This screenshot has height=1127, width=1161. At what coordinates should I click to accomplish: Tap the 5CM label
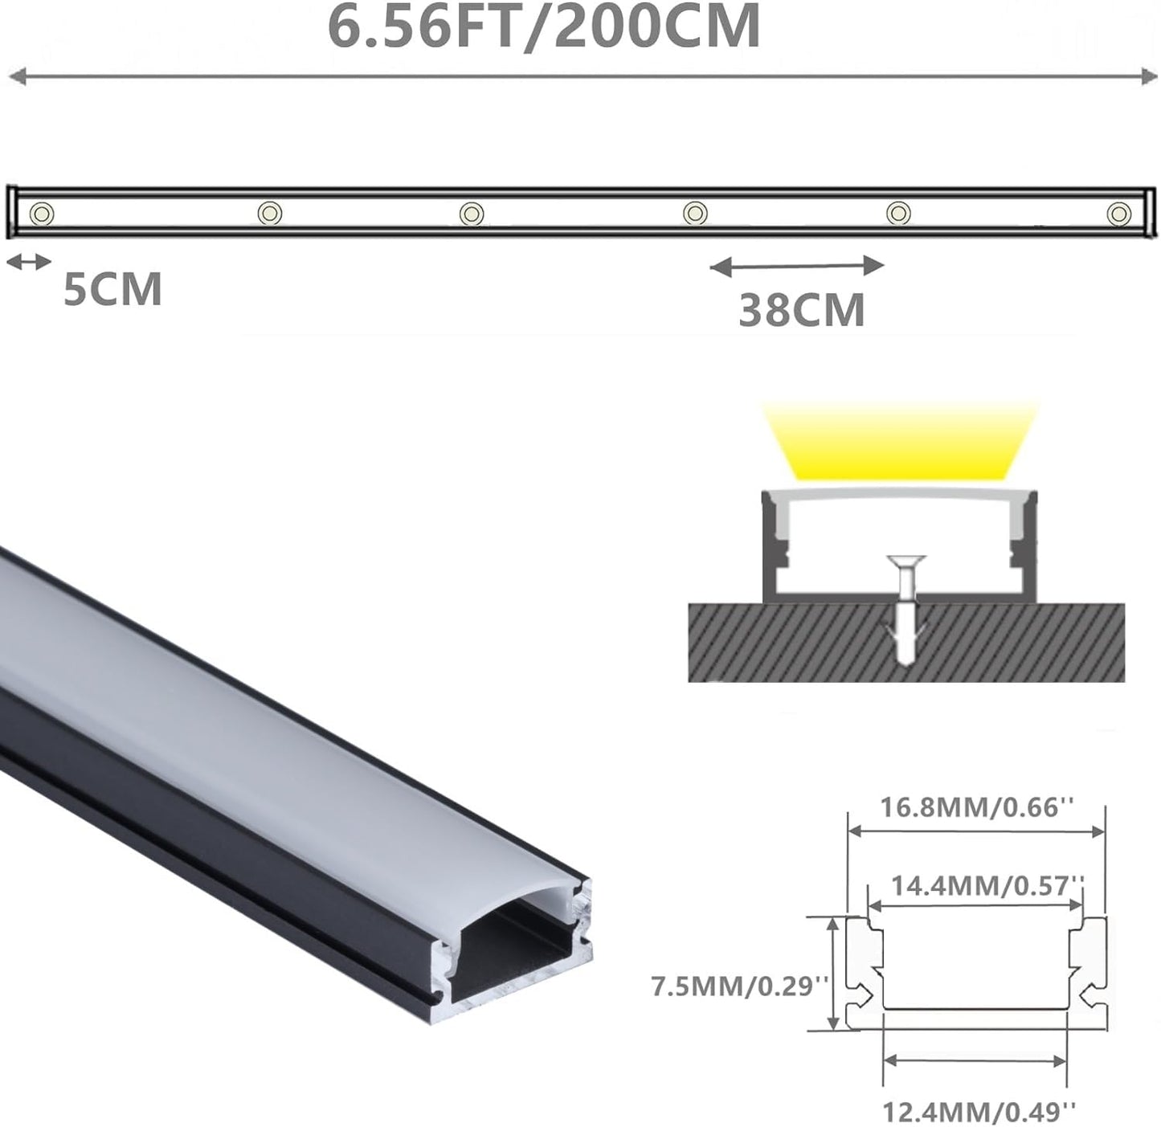pyautogui.click(x=112, y=289)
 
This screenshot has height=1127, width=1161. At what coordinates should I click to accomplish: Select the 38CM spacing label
pyautogui.click(x=801, y=311)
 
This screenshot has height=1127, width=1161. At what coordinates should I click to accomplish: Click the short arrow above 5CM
pyautogui.click(x=29, y=261)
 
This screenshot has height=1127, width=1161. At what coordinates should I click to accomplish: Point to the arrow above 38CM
pyautogui.click(x=797, y=265)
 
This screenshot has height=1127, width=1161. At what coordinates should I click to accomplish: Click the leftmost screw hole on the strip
pyautogui.click(x=42, y=214)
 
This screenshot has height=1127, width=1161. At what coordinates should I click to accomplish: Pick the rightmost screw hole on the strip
pyautogui.click(x=1118, y=214)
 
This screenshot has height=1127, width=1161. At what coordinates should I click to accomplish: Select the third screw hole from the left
pyautogui.click(x=472, y=214)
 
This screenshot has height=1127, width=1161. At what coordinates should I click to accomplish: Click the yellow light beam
pyautogui.click(x=900, y=442)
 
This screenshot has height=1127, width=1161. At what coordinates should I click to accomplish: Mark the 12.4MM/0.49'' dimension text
pyautogui.click(x=978, y=1112)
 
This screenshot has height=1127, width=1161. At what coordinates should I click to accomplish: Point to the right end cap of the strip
pyautogui.click(x=1151, y=213)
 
